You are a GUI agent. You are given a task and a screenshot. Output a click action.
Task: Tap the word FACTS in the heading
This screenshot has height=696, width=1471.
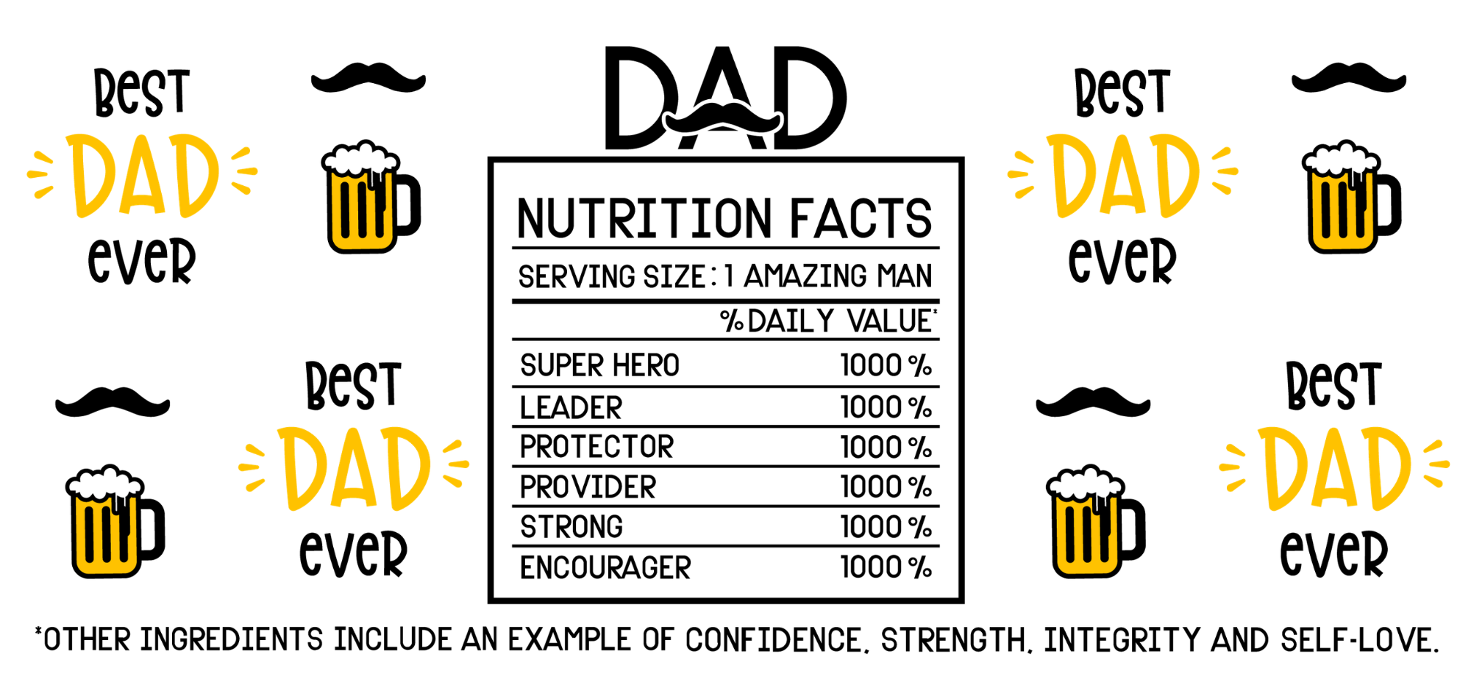pyautogui.click(x=861, y=218)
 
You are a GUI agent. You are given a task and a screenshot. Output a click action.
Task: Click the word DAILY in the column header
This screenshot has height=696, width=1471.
pyautogui.click(x=791, y=321)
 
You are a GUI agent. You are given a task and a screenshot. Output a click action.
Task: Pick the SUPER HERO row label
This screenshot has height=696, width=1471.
pyautogui.click(x=599, y=365)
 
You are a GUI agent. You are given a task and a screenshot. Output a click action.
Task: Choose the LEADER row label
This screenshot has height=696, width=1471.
pyautogui.click(x=571, y=408)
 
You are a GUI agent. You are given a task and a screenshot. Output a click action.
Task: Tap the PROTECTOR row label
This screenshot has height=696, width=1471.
pyautogui.click(x=596, y=447)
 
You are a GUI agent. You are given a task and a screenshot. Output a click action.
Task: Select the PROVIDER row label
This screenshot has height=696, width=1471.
pyautogui.click(x=588, y=487)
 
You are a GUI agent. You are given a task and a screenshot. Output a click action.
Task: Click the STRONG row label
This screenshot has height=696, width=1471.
pyautogui.click(x=571, y=527)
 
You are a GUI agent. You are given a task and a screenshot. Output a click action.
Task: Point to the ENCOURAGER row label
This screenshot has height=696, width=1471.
pyautogui.click(x=605, y=567)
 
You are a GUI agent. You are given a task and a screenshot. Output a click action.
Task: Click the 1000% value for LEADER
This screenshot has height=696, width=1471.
pyautogui.click(x=886, y=407)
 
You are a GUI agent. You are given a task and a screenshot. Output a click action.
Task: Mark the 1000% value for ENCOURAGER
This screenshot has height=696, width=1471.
pyautogui.click(x=886, y=567)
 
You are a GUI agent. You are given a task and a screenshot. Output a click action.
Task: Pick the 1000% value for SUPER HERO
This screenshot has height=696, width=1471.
pyautogui.click(x=886, y=365)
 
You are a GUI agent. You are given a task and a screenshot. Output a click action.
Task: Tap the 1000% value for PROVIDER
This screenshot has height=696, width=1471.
pyautogui.click(x=886, y=487)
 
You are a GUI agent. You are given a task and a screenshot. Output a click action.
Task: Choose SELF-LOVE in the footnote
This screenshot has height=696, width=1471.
pyautogui.click(x=1358, y=640)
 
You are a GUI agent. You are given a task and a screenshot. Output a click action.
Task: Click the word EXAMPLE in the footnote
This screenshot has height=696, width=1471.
pyautogui.click(x=569, y=640)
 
